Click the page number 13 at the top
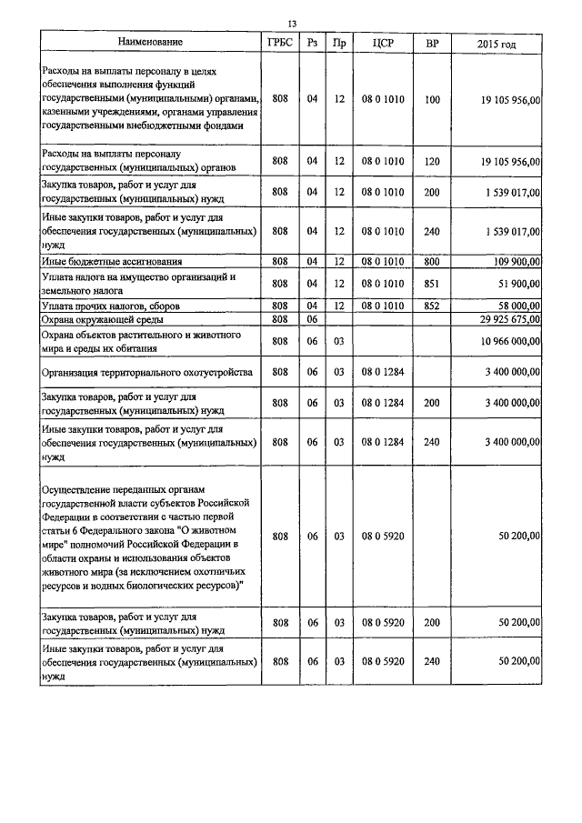coord(292,24)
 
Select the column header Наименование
coord(151,42)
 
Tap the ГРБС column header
coord(279,42)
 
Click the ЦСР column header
coord(382,42)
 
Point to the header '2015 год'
coord(497,43)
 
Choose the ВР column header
coord(432,42)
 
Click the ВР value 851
coord(432,283)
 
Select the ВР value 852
coord(432,306)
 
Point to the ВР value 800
coord(432,262)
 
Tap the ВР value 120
coord(432,161)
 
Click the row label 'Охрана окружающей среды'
coord(101,319)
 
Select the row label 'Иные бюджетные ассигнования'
coord(108,262)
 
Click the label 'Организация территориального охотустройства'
coord(149,372)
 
